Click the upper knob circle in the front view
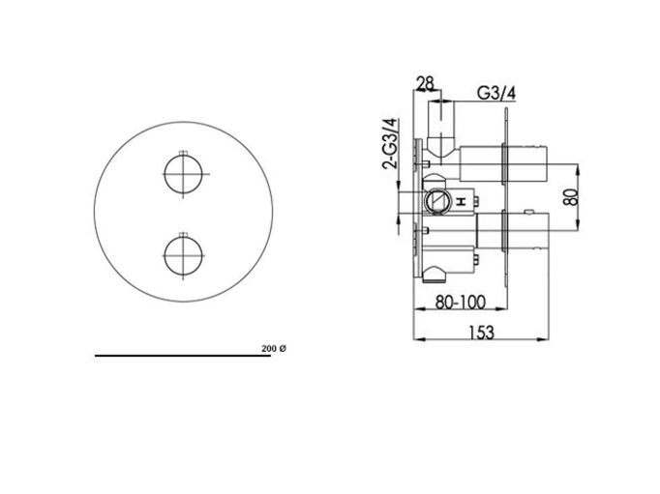tap(165, 174)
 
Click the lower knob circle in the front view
tap(165, 255)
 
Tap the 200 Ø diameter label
tap(274, 349)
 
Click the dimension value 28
tap(425, 83)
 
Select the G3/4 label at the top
tap(496, 93)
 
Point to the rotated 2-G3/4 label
tap(390, 143)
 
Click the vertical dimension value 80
tap(571, 197)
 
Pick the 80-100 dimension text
tap(460, 302)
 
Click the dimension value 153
tap(482, 333)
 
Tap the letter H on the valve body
tap(462, 202)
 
